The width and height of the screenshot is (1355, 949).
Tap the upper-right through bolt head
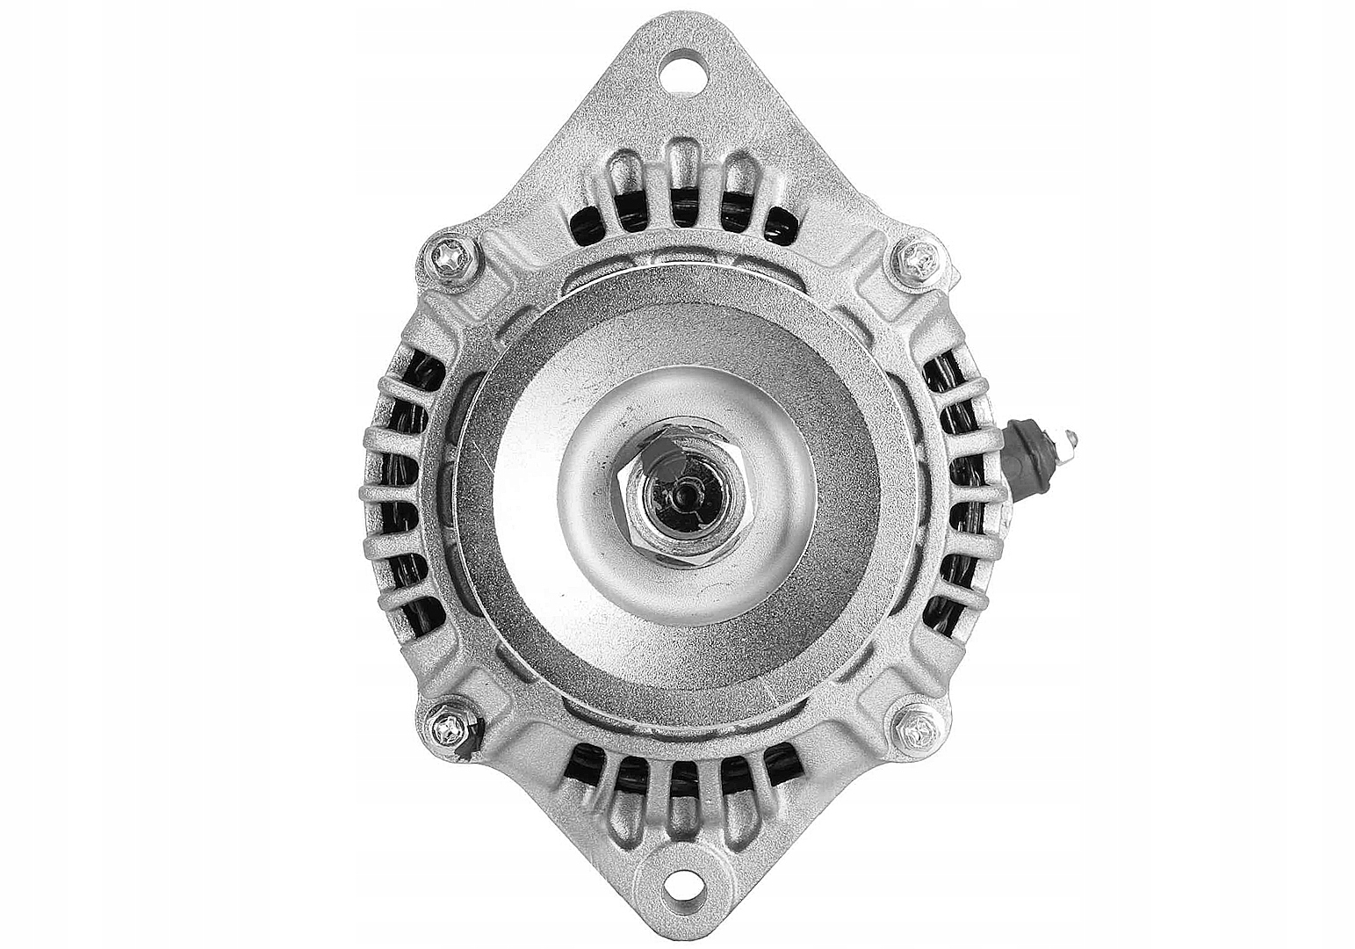coord(919,259)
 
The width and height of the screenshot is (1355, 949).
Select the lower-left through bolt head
coord(450,727)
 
